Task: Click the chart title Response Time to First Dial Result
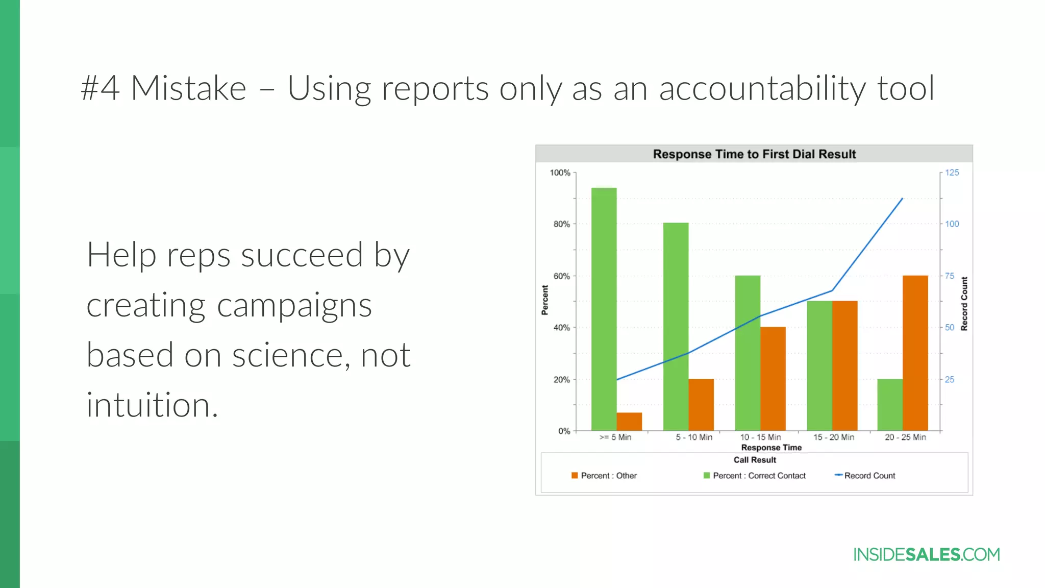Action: coord(754,154)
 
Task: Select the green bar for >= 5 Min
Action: coord(604,309)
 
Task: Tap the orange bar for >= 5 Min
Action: coord(629,422)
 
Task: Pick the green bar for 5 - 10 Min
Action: coord(676,327)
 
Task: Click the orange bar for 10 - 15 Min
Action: coord(773,379)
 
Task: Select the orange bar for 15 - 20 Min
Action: coord(844,365)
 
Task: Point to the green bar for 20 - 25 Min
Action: coord(890,405)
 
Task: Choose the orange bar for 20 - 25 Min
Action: coord(915,353)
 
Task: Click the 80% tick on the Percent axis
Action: coord(562,224)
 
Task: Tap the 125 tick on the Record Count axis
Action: coord(952,173)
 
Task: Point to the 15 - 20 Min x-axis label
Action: coord(834,437)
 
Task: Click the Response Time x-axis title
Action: coord(771,448)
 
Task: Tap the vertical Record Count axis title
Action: coord(964,304)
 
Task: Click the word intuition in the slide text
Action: coord(152,405)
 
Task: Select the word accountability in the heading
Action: coord(762,88)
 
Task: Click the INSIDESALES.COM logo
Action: coord(926,555)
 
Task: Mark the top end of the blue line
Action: coord(903,199)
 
